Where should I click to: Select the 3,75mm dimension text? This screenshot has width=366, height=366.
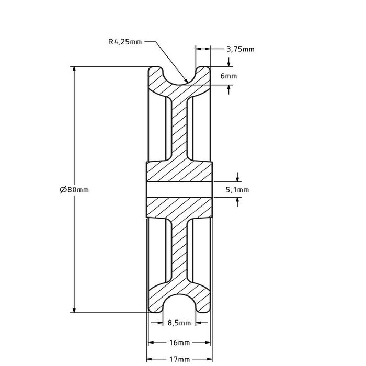click(x=240, y=50)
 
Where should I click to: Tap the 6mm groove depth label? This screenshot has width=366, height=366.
click(x=228, y=76)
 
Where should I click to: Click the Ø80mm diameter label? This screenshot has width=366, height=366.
click(x=74, y=190)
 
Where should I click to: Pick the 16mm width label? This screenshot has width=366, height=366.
click(x=179, y=343)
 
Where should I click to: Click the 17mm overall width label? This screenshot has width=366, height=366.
click(x=179, y=360)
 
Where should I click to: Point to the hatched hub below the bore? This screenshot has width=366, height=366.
click(x=179, y=208)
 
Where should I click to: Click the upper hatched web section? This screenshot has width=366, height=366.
click(x=179, y=125)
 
